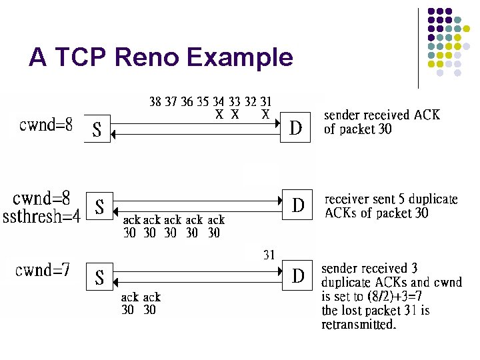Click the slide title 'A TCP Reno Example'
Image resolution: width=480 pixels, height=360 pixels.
click(x=161, y=58)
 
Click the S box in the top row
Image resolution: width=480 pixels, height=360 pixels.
click(x=97, y=129)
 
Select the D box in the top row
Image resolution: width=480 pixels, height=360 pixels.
click(x=296, y=129)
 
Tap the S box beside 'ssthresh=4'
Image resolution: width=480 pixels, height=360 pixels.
click(x=99, y=207)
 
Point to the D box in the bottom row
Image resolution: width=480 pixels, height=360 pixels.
click(x=298, y=275)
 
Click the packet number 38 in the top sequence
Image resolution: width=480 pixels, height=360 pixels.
click(x=155, y=102)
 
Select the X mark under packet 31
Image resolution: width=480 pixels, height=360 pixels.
click(x=265, y=115)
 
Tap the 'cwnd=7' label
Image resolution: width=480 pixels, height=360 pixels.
click(x=43, y=270)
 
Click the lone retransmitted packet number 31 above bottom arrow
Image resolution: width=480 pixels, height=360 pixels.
click(x=269, y=255)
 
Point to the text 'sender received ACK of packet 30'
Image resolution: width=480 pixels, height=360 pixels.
click(x=381, y=122)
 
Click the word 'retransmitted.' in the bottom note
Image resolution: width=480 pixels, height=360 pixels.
click(x=359, y=325)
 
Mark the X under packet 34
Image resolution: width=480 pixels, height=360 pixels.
click(x=219, y=115)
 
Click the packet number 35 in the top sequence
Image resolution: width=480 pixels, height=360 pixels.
click(x=202, y=102)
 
